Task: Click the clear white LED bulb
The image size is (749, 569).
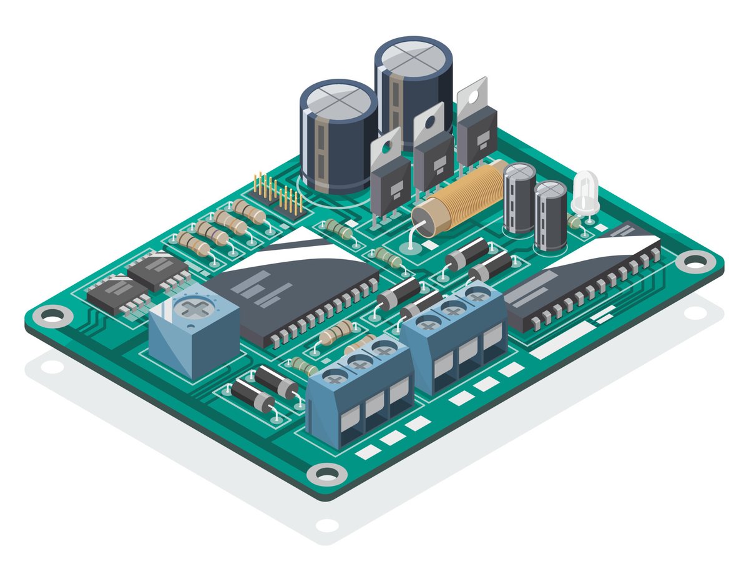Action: point(585,192)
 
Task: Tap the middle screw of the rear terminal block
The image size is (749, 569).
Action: point(453,308)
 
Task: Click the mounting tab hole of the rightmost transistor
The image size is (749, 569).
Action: point(474,92)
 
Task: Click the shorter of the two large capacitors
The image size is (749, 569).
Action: point(338,134)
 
